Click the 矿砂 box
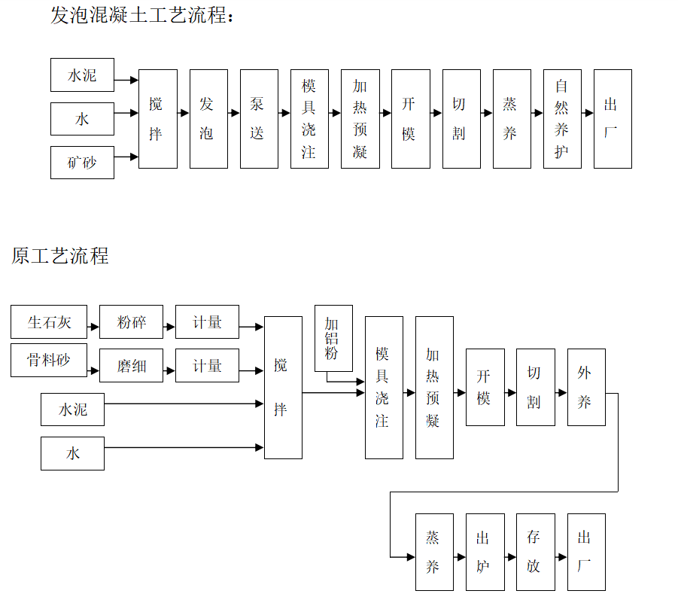[82, 163]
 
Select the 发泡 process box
[209, 119]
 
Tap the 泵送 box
[259, 119]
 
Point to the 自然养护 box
[562, 119]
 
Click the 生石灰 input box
[49, 321]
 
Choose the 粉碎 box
[132, 321]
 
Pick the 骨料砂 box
[49, 361]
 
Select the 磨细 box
[132, 366]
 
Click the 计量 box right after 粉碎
[207, 321]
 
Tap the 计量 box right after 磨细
[207, 366]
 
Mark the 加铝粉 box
[334, 338]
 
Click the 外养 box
[586, 387]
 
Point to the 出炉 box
[485, 552]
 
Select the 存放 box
[536, 552]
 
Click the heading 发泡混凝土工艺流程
[141, 15]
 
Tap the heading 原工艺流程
[59, 256]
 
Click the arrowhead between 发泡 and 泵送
[236, 113]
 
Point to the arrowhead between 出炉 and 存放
[512, 557]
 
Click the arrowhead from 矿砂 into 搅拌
[134, 157]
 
